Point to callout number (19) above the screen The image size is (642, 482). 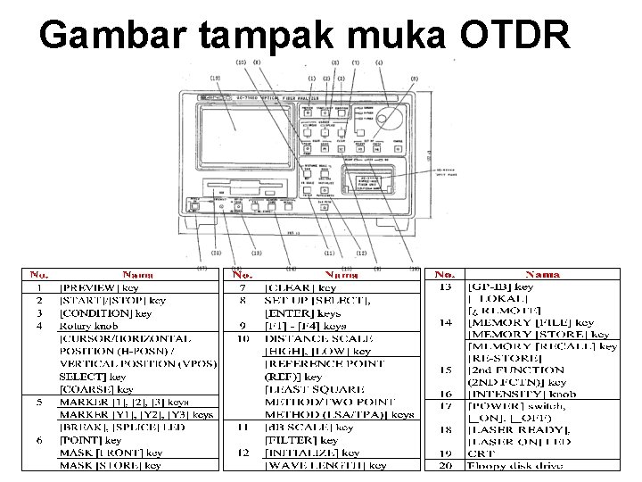tap(215, 78)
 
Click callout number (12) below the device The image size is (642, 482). tap(361, 252)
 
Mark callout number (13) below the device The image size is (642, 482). tap(257, 252)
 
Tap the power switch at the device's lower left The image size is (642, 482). tap(193, 205)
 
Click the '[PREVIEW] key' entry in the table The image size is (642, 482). tap(98, 287)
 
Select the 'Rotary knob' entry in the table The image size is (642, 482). tap(86, 326)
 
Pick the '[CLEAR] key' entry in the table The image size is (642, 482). tap(300, 287)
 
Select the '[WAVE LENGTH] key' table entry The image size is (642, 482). tap(325, 465)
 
